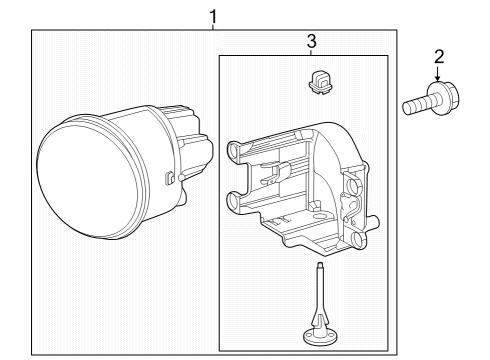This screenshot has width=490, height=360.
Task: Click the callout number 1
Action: (x=213, y=17)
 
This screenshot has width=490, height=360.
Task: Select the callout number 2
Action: (x=439, y=57)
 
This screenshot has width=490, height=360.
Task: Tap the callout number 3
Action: (x=311, y=41)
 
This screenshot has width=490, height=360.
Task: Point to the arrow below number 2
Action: (x=438, y=73)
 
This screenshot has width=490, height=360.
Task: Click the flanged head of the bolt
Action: (x=443, y=98)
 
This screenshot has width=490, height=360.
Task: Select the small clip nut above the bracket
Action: (x=320, y=82)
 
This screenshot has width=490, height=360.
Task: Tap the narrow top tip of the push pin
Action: (x=320, y=266)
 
